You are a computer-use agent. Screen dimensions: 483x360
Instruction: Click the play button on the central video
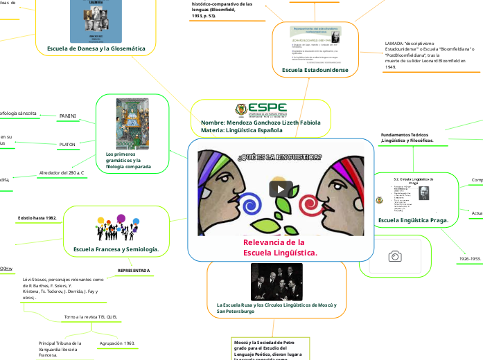click(281, 189)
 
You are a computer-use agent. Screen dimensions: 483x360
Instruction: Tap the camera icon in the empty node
click(395, 257)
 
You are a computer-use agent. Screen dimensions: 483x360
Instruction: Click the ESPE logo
click(261, 109)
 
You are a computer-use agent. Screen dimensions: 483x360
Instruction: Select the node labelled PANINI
click(68, 115)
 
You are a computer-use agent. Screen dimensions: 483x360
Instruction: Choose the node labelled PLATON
click(67, 144)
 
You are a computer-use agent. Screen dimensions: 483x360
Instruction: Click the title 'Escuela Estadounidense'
click(315, 71)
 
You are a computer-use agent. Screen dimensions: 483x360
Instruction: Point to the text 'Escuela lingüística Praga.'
click(413, 220)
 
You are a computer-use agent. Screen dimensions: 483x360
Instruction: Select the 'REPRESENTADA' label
click(133, 270)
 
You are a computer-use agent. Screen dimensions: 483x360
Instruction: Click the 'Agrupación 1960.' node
click(117, 343)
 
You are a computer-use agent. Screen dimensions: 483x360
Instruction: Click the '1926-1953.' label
click(470, 258)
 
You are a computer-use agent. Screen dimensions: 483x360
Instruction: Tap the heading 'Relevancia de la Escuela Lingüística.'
click(280, 247)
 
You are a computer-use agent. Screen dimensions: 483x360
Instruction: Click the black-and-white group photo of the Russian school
click(276, 282)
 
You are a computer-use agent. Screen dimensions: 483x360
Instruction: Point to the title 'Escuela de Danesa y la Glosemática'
click(96, 48)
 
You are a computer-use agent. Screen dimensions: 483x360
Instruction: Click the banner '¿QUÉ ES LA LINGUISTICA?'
click(280, 156)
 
